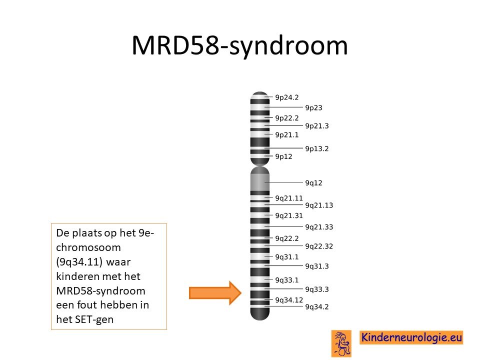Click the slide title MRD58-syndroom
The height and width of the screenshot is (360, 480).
coord(239,46)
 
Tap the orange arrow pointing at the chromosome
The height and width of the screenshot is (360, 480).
coord(215,293)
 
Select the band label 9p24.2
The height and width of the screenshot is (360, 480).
coord(287,97)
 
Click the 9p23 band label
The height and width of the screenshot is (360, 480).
coord(314,108)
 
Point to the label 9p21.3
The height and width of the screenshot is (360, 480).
coord(317,126)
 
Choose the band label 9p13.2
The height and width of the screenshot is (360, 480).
coord(317,149)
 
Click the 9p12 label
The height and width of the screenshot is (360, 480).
coord(284,156)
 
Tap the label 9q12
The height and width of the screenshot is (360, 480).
coord(314,183)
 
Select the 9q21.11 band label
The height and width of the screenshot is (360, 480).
coord(289,198)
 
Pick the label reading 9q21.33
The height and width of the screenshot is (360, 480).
coord(319,227)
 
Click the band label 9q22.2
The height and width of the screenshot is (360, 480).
coord(287,238)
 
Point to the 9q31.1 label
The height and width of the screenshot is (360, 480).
coord(287,257)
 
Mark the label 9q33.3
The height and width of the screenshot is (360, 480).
coord(317,289)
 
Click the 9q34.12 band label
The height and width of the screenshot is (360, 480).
coord(289,300)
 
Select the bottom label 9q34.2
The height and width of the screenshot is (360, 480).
coord(317,307)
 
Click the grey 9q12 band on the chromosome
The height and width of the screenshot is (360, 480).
coord(260,182)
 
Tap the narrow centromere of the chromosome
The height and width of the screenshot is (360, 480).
coord(260,166)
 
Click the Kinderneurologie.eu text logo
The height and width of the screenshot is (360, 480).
coord(411,337)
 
